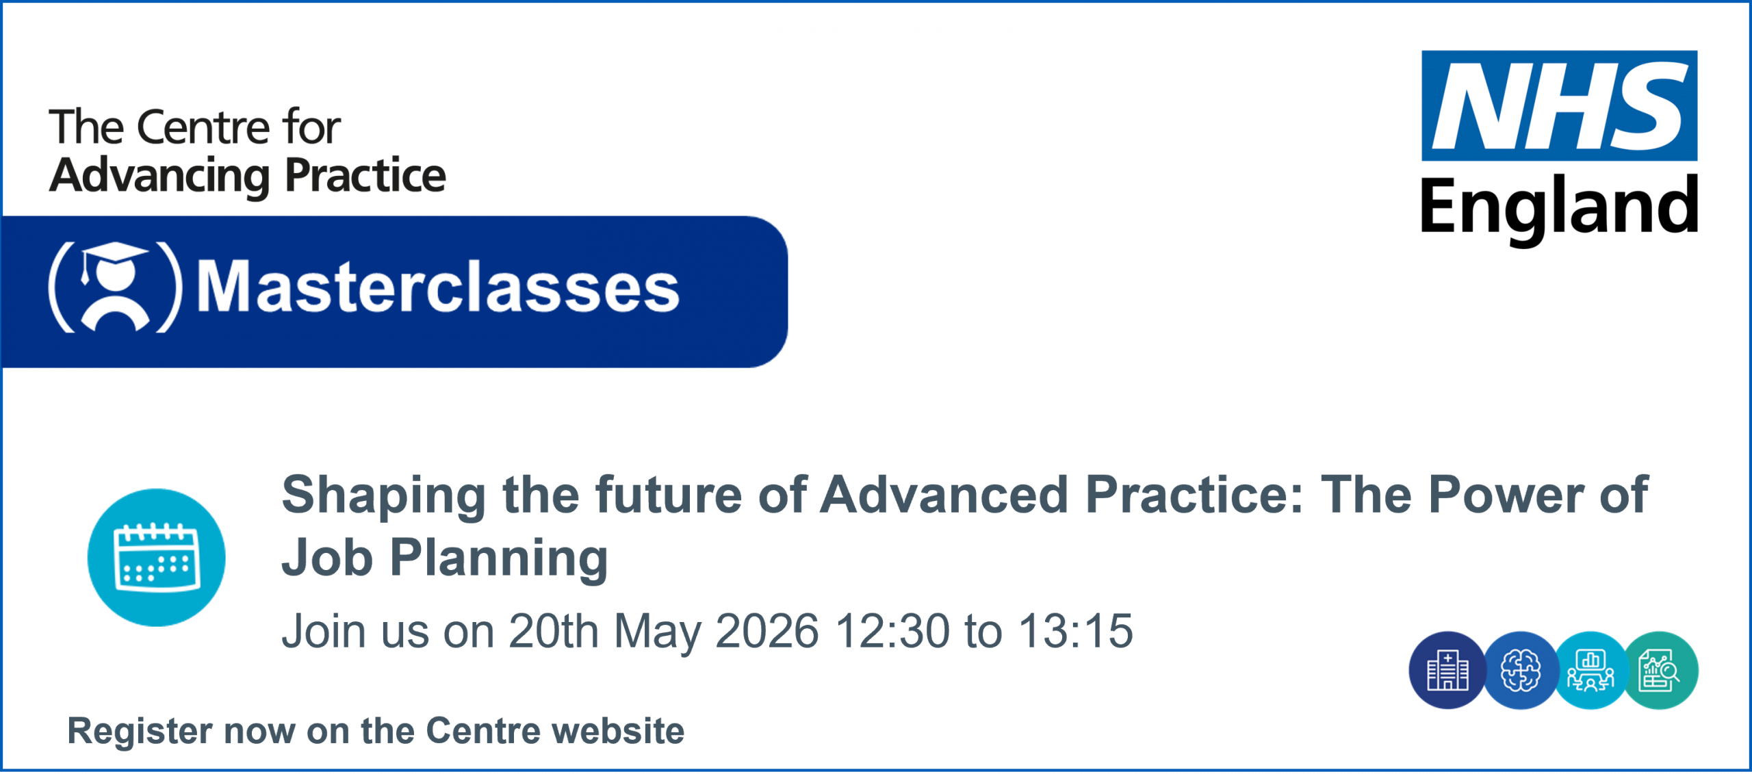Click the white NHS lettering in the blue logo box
(x=1560, y=106)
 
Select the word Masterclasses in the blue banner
(x=438, y=287)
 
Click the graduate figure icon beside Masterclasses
(x=116, y=287)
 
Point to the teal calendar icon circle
(x=157, y=558)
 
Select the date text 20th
(x=554, y=631)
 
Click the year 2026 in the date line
(x=766, y=631)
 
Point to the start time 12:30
(x=892, y=631)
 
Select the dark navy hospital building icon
(x=1447, y=671)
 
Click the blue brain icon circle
(x=1520, y=671)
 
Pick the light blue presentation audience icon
(x=1590, y=671)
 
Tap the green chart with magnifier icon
(x=1661, y=671)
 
